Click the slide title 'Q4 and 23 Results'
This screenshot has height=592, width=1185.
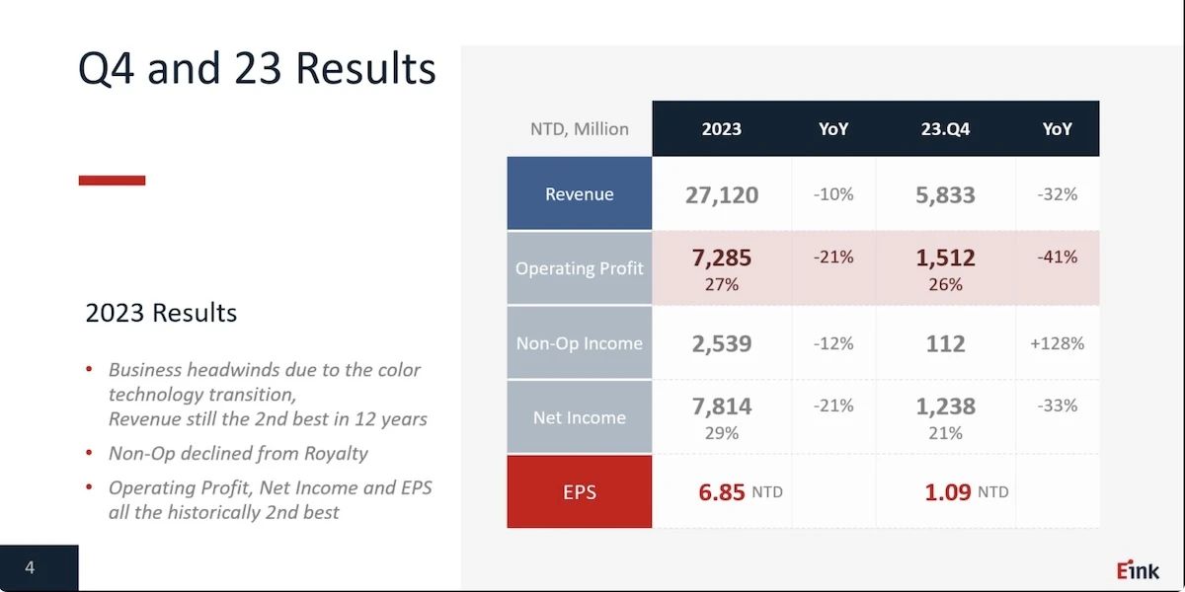(x=257, y=69)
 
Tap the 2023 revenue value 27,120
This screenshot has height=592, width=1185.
(x=722, y=194)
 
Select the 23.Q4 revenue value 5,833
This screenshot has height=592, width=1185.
(x=945, y=194)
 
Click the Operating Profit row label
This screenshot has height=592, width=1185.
(x=580, y=268)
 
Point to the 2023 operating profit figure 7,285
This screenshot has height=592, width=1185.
(x=722, y=258)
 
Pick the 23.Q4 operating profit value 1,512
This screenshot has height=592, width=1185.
(x=945, y=258)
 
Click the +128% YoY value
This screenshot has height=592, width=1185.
(x=1057, y=343)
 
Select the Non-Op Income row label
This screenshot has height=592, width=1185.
(x=580, y=343)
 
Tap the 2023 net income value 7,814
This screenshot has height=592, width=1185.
(x=722, y=406)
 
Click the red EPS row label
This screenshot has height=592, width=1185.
(x=580, y=491)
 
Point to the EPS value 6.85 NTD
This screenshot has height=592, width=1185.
(x=740, y=491)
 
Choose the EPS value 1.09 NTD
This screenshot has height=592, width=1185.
(x=966, y=491)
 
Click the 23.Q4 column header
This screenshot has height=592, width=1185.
(x=945, y=129)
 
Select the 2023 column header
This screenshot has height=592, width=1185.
(x=722, y=129)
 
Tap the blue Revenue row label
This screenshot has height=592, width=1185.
(x=580, y=194)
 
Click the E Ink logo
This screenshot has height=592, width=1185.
(x=1138, y=569)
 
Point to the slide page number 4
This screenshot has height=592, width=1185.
(x=30, y=567)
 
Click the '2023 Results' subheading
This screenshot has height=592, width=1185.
(x=161, y=313)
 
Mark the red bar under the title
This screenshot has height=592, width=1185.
(x=112, y=181)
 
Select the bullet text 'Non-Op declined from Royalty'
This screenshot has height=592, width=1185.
(x=238, y=453)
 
